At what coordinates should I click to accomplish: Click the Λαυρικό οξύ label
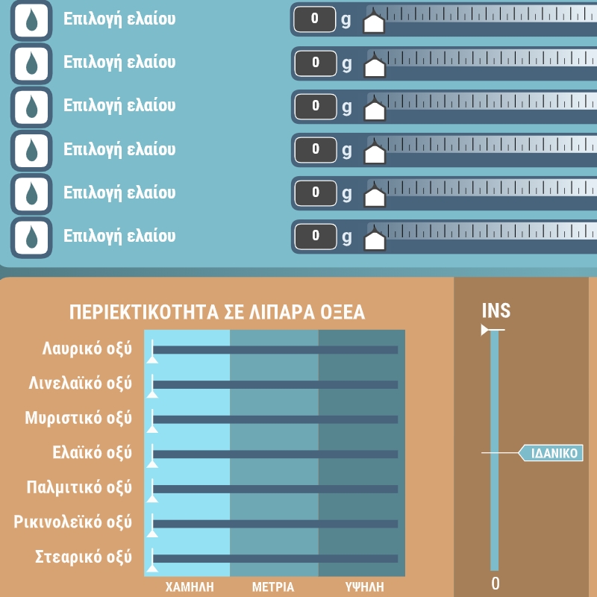pyautogui.click(x=87, y=348)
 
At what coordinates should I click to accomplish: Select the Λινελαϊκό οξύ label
pyautogui.click(x=81, y=383)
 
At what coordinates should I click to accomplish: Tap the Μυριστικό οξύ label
pyautogui.click(x=78, y=418)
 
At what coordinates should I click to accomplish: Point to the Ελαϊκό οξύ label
pyautogui.click(x=92, y=453)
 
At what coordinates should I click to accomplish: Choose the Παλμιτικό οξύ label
pyautogui.click(x=79, y=487)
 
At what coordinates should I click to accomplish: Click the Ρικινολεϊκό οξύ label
pyautogui.click(x=72, y=522)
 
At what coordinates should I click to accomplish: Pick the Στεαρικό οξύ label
pyautogui.click(x=84, y=557)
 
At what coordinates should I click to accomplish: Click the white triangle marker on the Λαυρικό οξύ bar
pyautogui.click(x=152, y=360)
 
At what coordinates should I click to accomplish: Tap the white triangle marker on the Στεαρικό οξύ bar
pyautogui.click(x=152, y=568)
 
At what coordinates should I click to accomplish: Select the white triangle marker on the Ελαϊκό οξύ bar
pyautogui.click(x=152, y=463)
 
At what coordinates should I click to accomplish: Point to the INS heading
pyautogui.click(x=496, y=310)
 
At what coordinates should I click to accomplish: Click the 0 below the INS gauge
pyautogui.click(x=495, y=584)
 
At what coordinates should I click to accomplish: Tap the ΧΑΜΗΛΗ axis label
pyautogui.click(x=190, y=587)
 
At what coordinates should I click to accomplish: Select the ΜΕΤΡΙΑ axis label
pyautogui.click(x=273, y=587)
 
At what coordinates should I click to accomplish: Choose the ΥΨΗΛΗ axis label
pyautogui.click(x=364, y=587)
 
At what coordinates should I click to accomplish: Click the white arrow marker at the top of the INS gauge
pyautogui.click(x=485, y=330)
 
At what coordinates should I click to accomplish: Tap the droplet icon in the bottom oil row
pyautogui.click(x=31, y=237)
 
